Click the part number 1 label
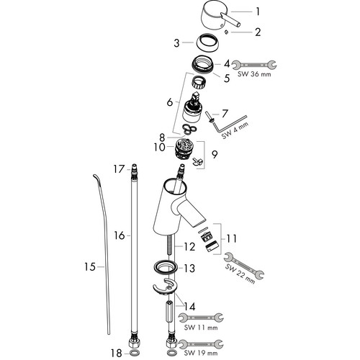coord(258,12)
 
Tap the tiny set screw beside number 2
coord(226,31)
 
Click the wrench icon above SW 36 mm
coord(255,65)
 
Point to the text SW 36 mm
coord(254,74)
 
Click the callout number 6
coord(170,102)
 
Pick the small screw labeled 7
coord(210,117)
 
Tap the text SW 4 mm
coord(235,130)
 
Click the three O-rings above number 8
coord(190,128)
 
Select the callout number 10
coord(160,147)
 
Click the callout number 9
coord(215,155)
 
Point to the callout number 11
coord(232,238)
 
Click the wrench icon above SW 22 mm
coord(243,265)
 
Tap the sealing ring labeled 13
coord(166,266)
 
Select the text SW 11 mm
coord(201,328)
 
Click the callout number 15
coord(90,266)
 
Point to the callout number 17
coord(119,169)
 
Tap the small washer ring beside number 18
coord(135,353)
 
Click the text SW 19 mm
coord(201,353)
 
